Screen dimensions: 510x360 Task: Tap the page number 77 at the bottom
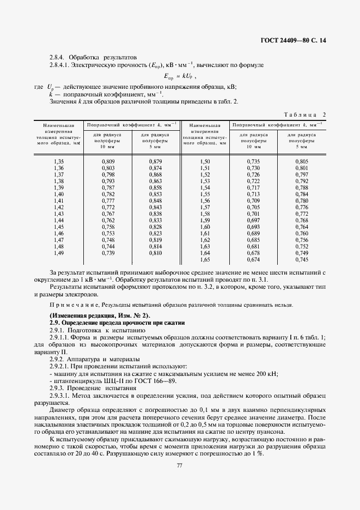(180, 465)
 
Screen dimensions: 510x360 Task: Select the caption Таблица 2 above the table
(305, 114)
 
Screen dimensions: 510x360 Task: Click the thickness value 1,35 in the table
(59, 162)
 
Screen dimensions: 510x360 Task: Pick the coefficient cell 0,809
(108, 162)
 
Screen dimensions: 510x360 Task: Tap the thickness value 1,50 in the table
(205, 162)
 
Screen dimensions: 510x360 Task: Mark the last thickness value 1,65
(205, 259)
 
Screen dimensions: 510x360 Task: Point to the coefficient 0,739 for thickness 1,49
(108, 253)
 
